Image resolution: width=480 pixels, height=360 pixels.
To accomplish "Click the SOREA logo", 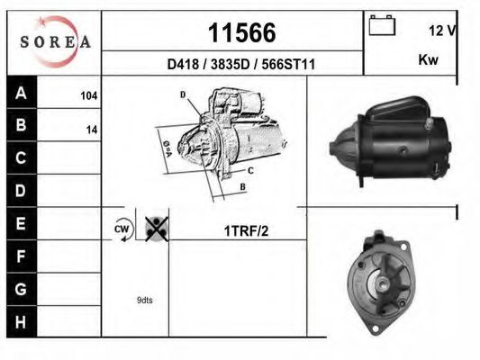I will pyautogui.click(x=55, y=41).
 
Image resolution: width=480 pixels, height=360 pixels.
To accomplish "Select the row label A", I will pyautogui.click(x=22, y=94).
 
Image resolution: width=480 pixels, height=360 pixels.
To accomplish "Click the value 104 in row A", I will pyautogui.click(x=88, y=94).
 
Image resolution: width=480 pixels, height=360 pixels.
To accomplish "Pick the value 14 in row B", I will pyautogui.click(x=91, y=129).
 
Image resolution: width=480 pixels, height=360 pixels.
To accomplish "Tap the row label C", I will pyautogui.click(x=22, y=158).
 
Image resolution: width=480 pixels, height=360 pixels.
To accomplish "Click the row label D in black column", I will pyautogui.click(x=22, y=191).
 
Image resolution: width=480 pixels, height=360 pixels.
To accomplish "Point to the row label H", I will pyautogui.click(x=22, y=320).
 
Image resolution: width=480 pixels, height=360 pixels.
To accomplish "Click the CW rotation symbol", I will pyautogui.click(x=122, y=230).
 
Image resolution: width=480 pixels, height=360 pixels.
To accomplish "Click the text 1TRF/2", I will pyautogui.click(x=246, y=231).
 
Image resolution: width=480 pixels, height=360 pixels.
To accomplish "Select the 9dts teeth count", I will pyautogui.click(x=143, y=300).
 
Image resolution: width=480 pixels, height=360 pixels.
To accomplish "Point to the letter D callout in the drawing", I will pyautogui.click(x=182, y=94).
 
